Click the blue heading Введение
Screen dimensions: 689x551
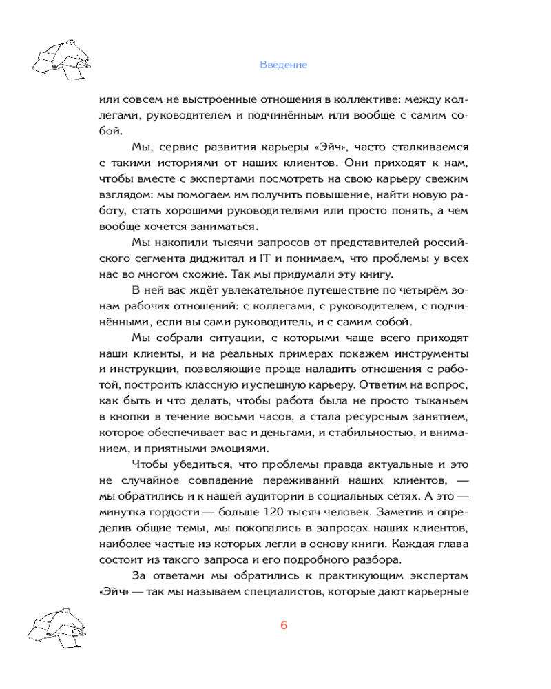pos(283,65)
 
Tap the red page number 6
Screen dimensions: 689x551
pos(283,626)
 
